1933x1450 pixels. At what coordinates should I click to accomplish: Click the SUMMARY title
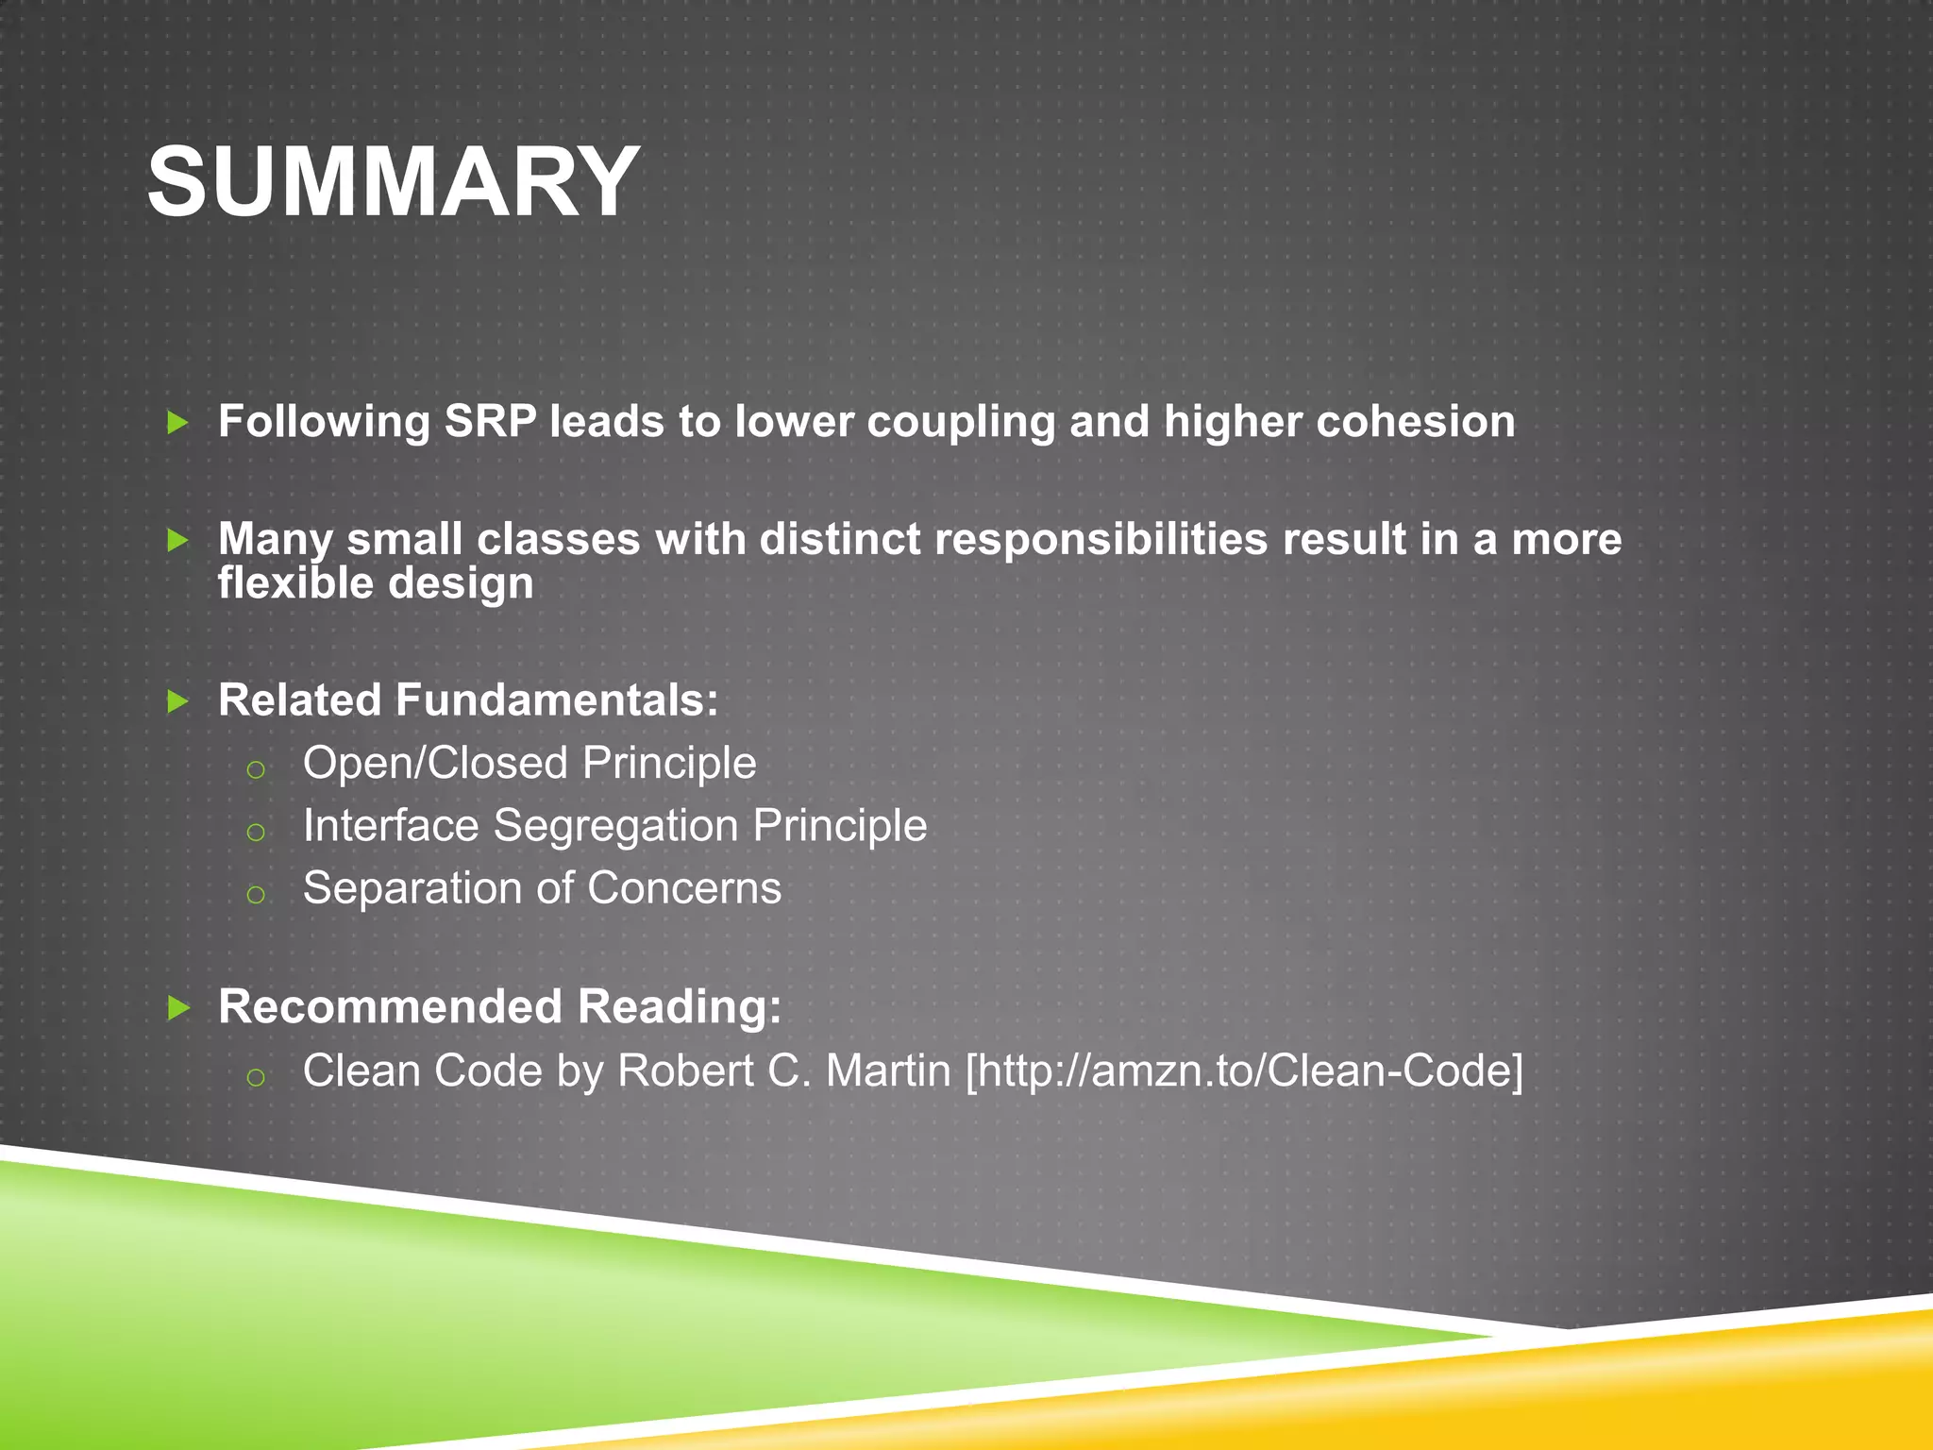tap(394, 181)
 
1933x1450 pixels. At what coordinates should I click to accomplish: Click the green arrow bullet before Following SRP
tap(177, 422)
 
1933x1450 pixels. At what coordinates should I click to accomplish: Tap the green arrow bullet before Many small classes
tap(177, 540)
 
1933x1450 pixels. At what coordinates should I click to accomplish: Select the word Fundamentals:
tap(557, 700)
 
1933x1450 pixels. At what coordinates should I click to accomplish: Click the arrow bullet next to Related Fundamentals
tap(177, 701)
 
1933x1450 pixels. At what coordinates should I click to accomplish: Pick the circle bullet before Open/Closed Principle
tap(255, 770)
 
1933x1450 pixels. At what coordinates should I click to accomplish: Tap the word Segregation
tap(615, 826)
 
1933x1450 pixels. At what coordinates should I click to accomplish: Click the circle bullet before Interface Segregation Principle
tap(255, 833)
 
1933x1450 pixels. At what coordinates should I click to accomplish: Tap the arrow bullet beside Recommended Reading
tap(177, 1008)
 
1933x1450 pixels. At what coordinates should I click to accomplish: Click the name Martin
tap(888, 1071)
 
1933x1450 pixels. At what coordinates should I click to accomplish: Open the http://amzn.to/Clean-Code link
tap(1244, 1071)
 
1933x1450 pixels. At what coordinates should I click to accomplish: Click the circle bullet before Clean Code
tap(255, 1077)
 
